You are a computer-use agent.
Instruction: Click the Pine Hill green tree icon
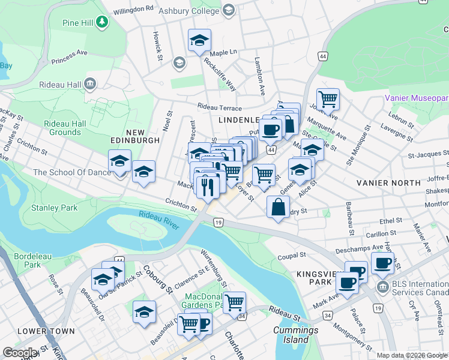tap(103, 22)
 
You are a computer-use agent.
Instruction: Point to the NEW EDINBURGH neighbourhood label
tap(134, 140)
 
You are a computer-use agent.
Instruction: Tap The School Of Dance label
tap(71, 172)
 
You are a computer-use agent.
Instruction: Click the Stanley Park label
tap(55, 208)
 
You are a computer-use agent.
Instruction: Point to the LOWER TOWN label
tap(46, 331)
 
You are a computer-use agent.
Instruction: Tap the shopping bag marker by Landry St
tap(278, 207)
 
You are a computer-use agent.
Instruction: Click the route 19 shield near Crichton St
tap(218, 223)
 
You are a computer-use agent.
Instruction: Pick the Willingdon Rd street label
tap(134, 10)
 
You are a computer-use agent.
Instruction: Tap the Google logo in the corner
tap(20, 353)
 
